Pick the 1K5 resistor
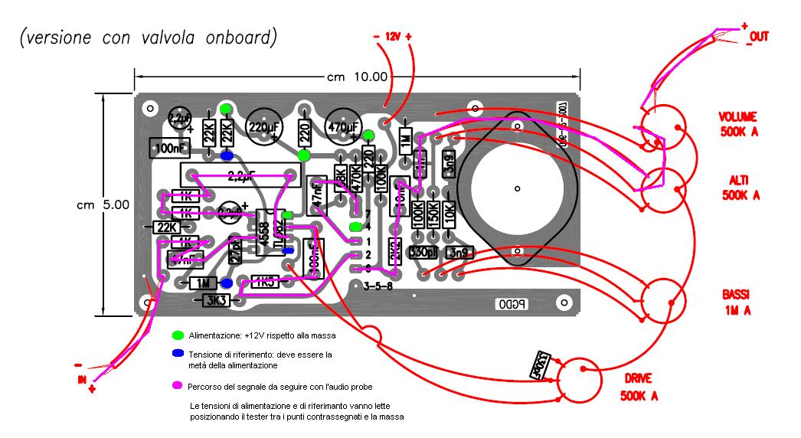click(265, 282)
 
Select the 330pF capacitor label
click(423, 251)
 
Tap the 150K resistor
click(433, 213)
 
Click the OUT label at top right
click(758, 36)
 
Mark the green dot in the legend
click(178, 335)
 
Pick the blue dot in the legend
click(178, 354)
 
